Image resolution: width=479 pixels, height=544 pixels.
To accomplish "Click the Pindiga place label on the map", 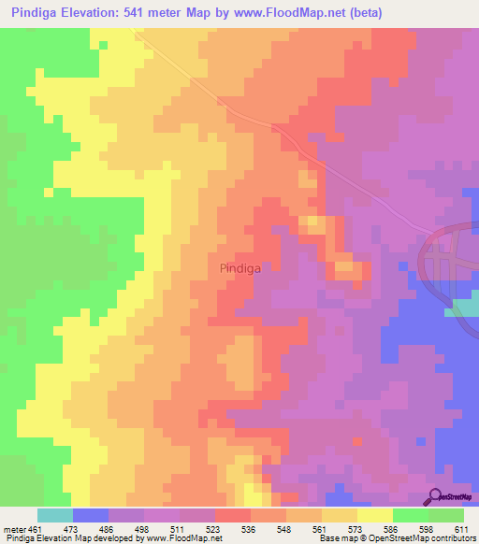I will [239, 267].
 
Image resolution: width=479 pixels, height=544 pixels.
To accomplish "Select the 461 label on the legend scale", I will [35, 529].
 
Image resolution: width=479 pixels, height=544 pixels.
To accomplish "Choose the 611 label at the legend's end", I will [460, 529].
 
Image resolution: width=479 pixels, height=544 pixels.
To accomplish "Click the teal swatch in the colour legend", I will [55, 515].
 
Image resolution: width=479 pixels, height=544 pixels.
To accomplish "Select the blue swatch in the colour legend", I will [91, 515].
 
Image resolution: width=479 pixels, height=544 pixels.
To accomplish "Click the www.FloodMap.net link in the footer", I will [180, 538].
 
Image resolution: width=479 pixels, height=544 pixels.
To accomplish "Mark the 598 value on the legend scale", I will [425, 529].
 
